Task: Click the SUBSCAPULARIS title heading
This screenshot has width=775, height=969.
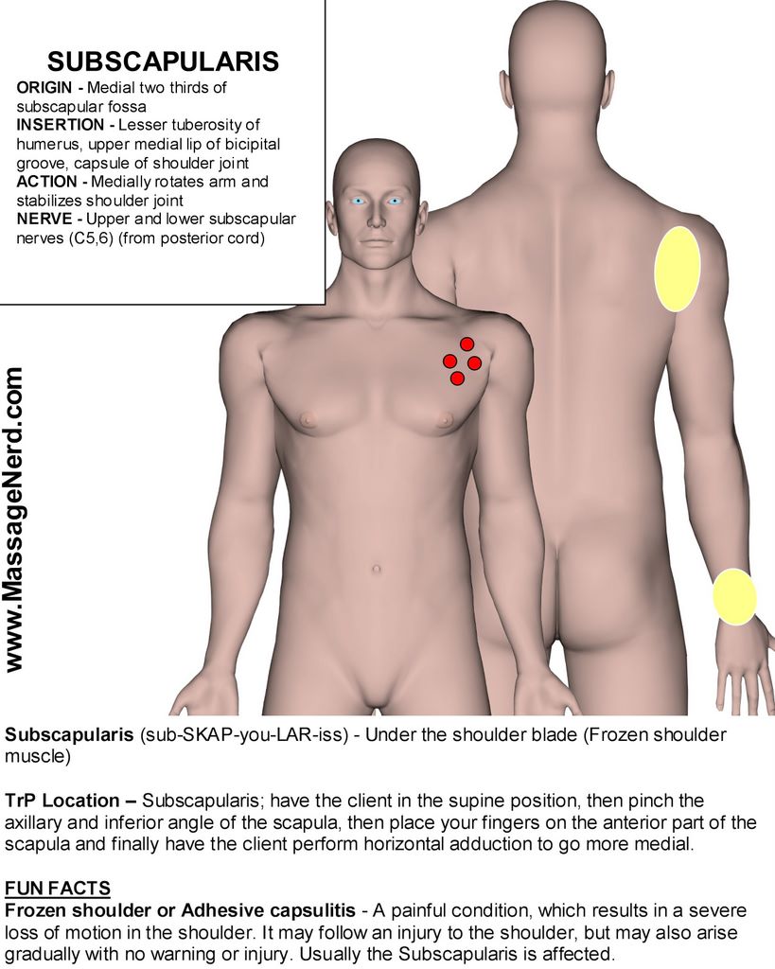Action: click(163, 62)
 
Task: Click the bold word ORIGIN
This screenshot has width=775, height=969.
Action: click(44, 88)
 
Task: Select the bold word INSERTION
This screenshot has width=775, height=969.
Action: click(60, 125)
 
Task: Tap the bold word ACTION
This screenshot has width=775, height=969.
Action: click(46, 182)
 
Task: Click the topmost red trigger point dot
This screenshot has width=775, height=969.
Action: click(467, 344)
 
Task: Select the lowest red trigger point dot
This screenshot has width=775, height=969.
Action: click(457, 379)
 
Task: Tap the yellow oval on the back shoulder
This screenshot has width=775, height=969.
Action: click(678, 269)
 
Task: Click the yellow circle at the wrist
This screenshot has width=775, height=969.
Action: click(734, 597)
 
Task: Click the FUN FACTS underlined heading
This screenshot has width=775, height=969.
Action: click(58, 888)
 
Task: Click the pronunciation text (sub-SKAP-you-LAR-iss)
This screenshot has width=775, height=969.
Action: click(244, 735)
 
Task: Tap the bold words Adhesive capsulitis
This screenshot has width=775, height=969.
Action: click(268, 911)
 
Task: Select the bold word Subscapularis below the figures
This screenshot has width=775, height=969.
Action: click(68, 735)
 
